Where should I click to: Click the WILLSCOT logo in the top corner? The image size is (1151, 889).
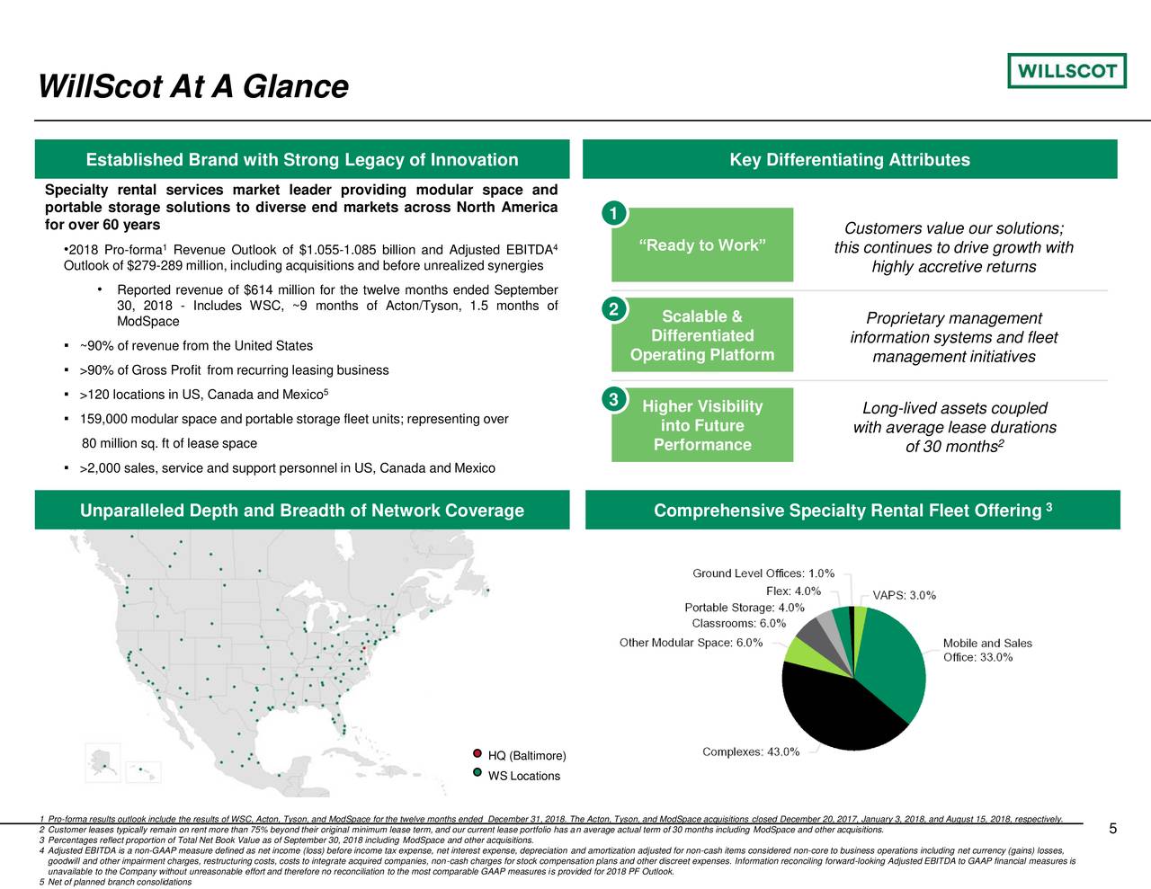click(x=1066, y=70)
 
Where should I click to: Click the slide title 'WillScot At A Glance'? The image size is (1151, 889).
click(x=192, y=86)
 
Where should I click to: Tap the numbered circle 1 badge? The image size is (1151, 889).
click(x=612, y=214)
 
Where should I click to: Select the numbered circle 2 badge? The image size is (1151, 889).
click(x=612, y=310)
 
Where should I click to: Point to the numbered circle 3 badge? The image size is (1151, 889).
click(x=612, y=400)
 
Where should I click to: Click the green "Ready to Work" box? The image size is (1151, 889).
click(x=702, y=245)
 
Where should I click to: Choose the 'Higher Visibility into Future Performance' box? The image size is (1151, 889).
click(x=702, y=425)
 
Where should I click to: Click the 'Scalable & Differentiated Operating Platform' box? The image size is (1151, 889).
click(x=702, y=335)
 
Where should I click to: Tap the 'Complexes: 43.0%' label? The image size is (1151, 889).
click(x=750, y=752)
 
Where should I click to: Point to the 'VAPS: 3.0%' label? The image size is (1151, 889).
click(x=904, y=595)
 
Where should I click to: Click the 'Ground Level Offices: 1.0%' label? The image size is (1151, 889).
click(x=763, y=573)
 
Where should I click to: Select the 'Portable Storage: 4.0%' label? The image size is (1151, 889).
click(x=744, y=608)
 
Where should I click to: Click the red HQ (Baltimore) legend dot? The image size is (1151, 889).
click(x=477, y=754)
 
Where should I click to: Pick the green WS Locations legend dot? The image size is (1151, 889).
click(x=477, y=773)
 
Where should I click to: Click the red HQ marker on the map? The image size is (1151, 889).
click(x=363, y=647)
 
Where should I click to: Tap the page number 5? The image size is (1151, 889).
click(x=1112, y=829)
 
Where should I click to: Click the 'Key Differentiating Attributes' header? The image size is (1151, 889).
click(x=850, y=160)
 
